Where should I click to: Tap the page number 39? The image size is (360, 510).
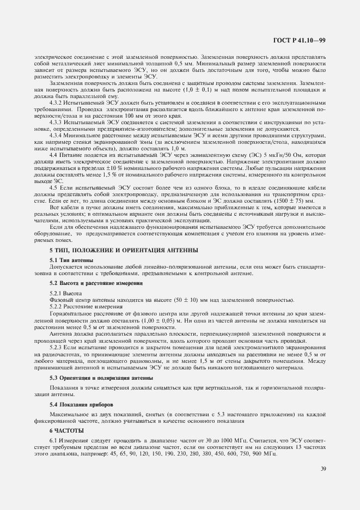click(x=323, y=468)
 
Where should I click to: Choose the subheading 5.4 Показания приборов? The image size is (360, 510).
click(x=81, y=404)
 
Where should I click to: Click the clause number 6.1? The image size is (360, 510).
click(x=53, y=440)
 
